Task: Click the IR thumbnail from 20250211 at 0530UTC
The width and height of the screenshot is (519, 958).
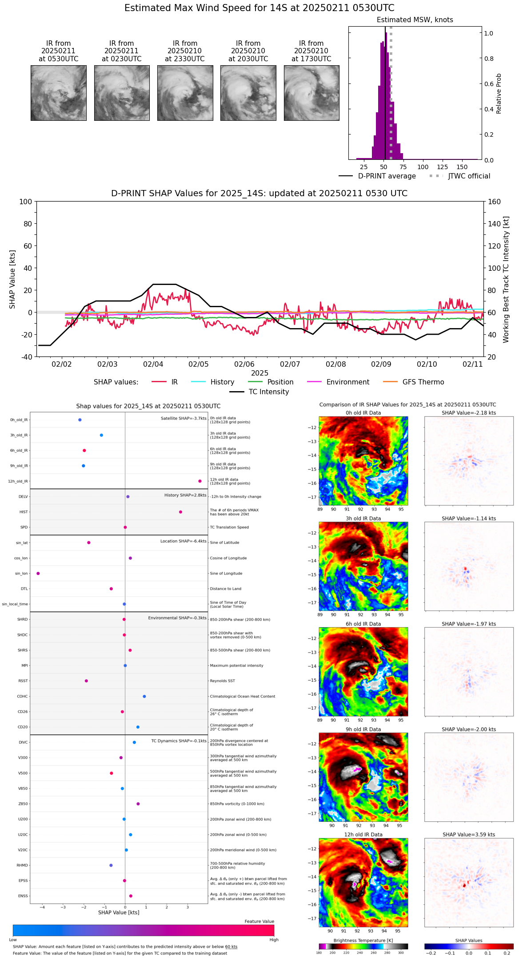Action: click(58, 93)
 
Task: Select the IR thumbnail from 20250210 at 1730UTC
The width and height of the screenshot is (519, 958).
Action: click(311, 93)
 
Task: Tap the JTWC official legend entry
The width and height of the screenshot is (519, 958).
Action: click(469, 176)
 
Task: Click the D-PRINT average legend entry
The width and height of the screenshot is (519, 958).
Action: click(387, 176)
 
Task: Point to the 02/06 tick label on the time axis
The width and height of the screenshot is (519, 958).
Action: click(244, 364)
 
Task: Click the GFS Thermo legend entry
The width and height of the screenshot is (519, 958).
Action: click(423, 382)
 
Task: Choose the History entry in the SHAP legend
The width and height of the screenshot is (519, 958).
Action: click(222, 382)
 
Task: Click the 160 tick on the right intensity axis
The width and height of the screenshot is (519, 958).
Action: click(494, 202)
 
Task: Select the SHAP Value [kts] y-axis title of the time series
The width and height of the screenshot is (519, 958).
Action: click(12, 279)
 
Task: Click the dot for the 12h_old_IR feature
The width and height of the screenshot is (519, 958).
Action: click(200, 481)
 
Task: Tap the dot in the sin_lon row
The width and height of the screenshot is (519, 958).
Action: click(38, 574)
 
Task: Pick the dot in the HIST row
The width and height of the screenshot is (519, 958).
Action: click(180, 512)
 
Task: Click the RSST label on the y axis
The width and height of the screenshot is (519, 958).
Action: click(23, 681)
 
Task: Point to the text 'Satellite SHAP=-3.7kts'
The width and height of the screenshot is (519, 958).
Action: click(184, 418)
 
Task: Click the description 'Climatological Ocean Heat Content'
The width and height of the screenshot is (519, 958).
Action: click(242, 697)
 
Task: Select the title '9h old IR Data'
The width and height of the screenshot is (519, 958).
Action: click(363, 729)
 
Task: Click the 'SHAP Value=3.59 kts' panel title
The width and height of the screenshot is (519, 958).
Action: click(469, 835)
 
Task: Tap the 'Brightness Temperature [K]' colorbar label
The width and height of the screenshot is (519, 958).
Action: click(363, 940)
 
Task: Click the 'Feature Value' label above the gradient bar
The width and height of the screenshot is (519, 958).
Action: click(259, 922)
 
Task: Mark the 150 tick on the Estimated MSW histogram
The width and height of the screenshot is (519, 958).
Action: click(462, 167)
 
